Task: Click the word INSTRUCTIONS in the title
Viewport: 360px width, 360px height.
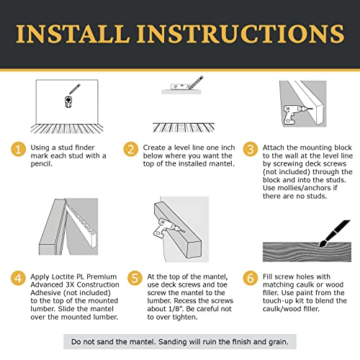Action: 240,34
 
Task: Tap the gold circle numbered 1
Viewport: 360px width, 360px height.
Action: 19,149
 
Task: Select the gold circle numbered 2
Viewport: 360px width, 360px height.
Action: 131,149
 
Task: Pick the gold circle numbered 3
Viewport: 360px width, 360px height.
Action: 251,149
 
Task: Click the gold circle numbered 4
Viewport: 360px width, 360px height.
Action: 18,278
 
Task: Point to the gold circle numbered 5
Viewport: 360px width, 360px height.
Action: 135,278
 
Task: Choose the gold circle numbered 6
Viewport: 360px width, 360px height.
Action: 251,278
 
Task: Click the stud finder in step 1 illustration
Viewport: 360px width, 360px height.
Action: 68,102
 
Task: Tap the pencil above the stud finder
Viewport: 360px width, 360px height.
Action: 75,89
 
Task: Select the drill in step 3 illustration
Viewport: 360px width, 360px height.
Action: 294,114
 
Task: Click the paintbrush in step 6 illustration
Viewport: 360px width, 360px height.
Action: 334,233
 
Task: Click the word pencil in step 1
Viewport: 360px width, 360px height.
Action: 41,164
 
